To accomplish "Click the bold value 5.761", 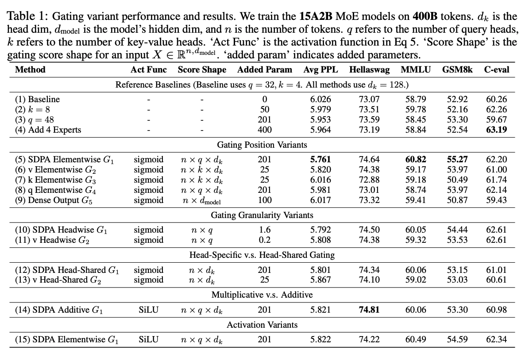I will point(320,160).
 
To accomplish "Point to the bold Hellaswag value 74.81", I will point(369,310).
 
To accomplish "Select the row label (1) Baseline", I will point(38,100).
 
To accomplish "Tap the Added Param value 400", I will point(264,130).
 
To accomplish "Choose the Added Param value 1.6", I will point(264,230).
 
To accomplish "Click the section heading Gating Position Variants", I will point(262,145).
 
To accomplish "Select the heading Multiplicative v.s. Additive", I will point(262,295).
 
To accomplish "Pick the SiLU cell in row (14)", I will point(148,310).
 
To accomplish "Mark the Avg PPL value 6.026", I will point(320,100).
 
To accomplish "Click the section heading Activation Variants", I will point(262,325).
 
